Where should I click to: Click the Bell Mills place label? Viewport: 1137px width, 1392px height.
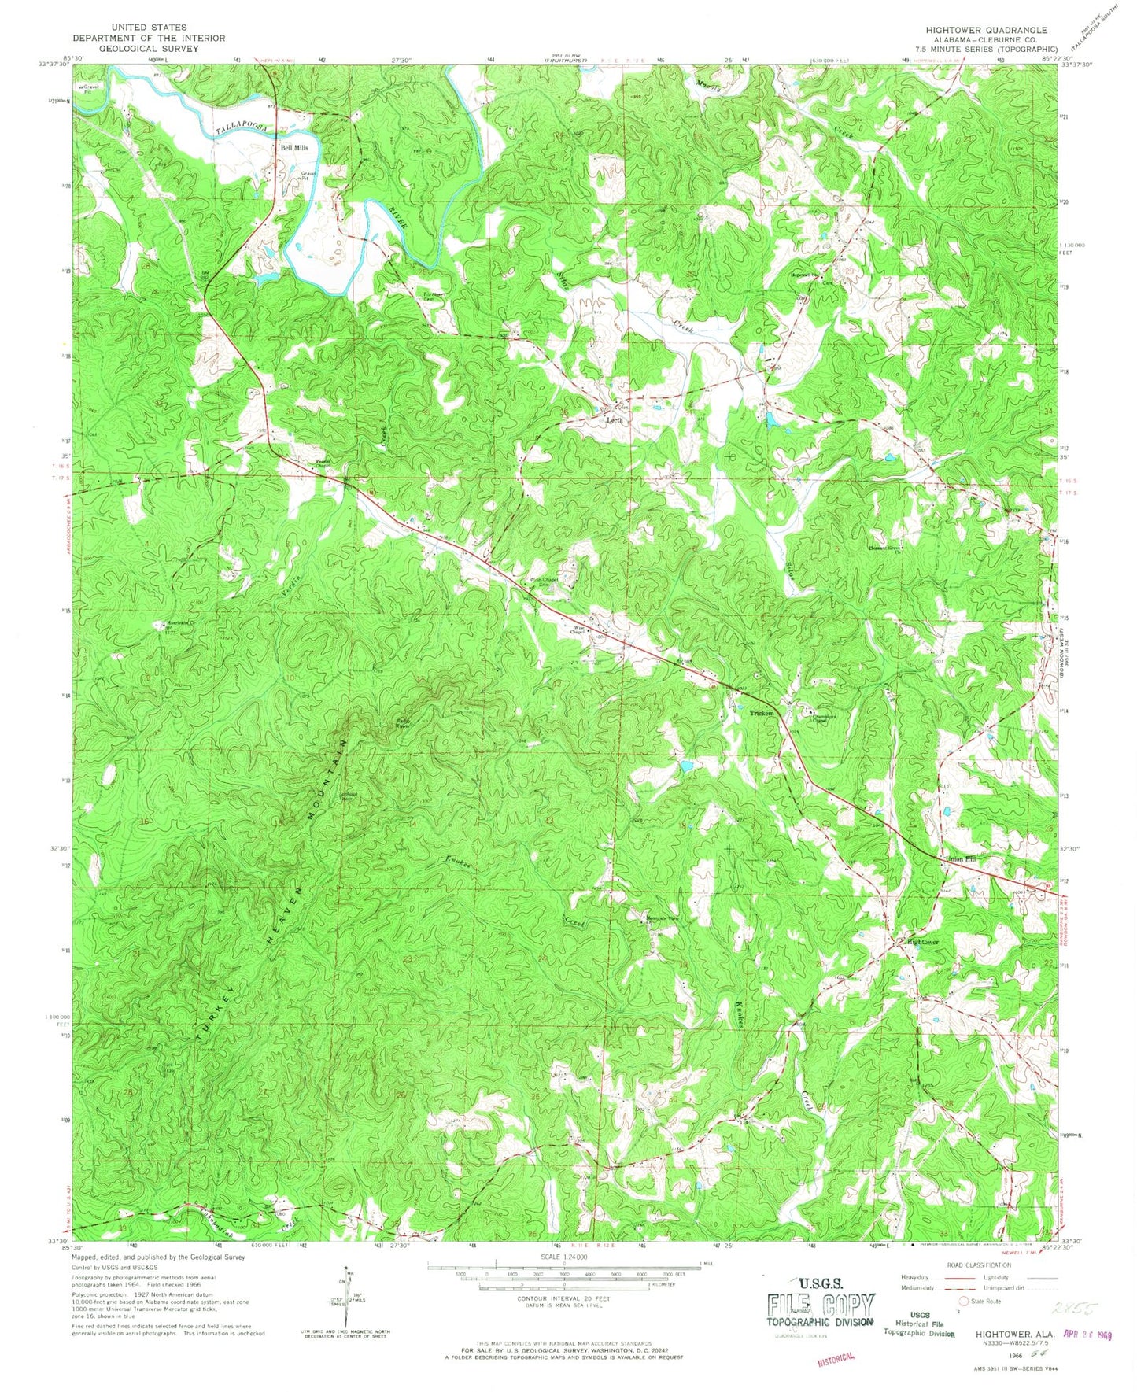pyautogui.click(x=290, y=147)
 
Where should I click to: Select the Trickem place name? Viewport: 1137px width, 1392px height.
pyautogui.click(x=762, y=713)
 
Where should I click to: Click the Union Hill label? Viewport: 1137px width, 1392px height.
pyautogui.click(x=959, y=859)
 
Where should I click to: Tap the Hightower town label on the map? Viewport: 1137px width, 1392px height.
pyautogui.click(x=922, y=942)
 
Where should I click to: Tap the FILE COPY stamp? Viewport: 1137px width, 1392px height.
pyautogui.click(x=820, y=1306)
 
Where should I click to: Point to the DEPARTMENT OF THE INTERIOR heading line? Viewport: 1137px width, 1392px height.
pyautogui.click(x=149, y=38)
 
